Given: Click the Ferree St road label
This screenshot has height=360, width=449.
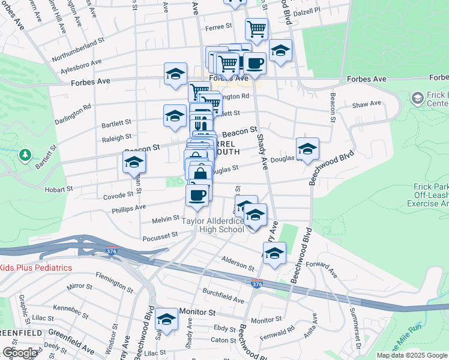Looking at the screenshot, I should click(x=220, y=26).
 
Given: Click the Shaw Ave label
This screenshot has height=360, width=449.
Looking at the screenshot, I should click(x=367, y=104).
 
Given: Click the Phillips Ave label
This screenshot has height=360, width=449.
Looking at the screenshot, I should click(x=128, y=208).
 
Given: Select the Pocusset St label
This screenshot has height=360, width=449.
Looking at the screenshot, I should click(x=160, y=236).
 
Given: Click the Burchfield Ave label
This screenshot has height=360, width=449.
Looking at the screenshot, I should click(x=223, y=298).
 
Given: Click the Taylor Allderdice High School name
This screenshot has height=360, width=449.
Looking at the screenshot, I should click(x=213, y=225).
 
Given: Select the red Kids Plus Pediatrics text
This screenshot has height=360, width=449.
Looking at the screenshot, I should click(x=36, y=268).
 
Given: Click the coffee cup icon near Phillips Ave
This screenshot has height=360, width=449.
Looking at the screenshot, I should click(x=197, y=194).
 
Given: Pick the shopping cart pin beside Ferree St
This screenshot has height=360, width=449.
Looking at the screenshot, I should click(x=256, y=28).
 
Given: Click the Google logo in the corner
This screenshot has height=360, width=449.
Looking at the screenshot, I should click(x=19, y=353).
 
